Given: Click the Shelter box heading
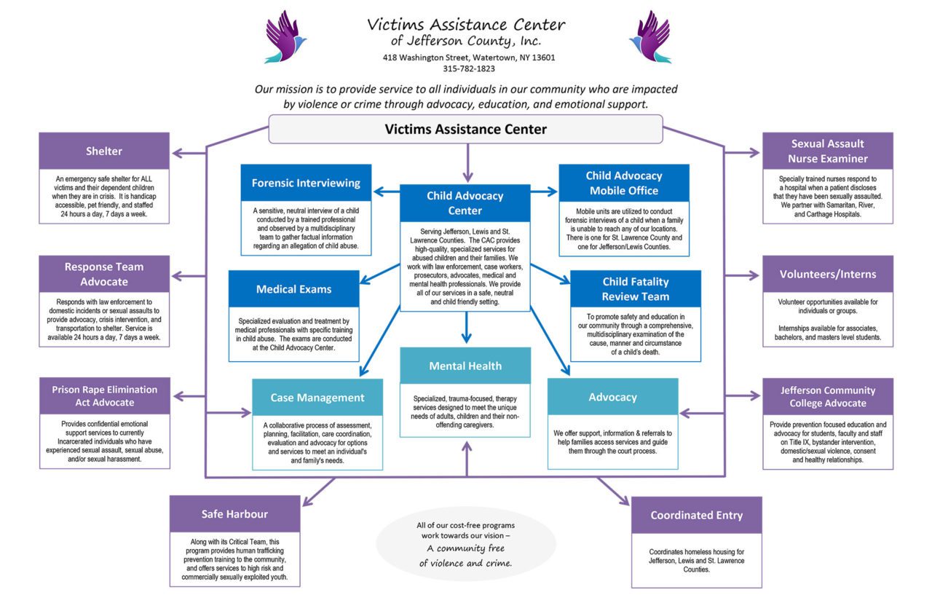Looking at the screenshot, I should [x=104, y=151].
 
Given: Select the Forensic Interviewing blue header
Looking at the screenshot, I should [x=306, y=183].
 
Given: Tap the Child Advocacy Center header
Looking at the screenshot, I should [x=465, y=203].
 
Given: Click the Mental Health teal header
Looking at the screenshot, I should [x=465, y=366].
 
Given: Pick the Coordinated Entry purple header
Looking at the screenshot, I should [x=696, y=515].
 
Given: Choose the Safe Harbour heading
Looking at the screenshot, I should [x=234, y=514].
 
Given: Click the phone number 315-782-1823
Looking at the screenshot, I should [x=468, y=69].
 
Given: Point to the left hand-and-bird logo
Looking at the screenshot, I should [x=285, y=36].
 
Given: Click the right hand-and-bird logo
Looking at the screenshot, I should [x=649, y=36].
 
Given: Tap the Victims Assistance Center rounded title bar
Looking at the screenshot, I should [x=465, y=130].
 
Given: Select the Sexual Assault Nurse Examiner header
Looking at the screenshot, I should [x=827, y=151].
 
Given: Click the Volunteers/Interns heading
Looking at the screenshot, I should [x=827, y=275].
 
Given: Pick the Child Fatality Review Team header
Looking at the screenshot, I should [x=635, y=289].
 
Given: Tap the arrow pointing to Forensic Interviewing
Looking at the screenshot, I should [x=386, y=192].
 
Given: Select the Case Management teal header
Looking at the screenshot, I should [x=317, y=398].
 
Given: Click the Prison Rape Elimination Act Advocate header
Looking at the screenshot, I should [x=104, y=396].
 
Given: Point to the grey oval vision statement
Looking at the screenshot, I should [x=465, y=544].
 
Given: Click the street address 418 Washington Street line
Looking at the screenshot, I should [x=468, y=58].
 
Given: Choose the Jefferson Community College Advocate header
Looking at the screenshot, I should [x=827, y=396].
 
